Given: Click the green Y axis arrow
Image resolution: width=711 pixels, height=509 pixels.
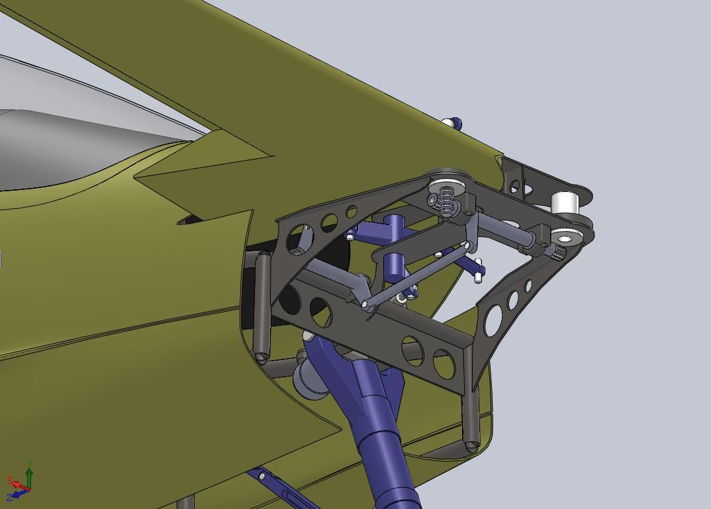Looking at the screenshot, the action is [x=30, y=477].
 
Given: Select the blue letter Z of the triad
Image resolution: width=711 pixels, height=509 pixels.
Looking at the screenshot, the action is [x=9, y=498].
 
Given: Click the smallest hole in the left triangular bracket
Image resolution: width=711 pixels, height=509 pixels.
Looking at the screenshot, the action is [x=352, y=212].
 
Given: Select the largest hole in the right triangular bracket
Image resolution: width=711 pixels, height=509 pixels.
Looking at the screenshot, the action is [x=493, y=320].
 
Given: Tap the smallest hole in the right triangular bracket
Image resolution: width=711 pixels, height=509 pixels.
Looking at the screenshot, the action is [x=528, y=286].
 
